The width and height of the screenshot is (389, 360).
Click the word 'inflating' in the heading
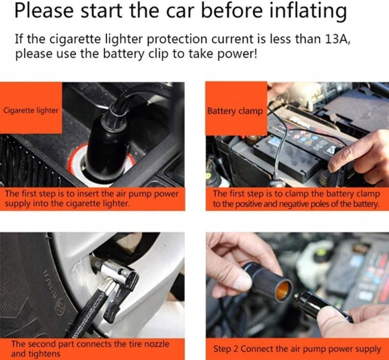coord(308,11)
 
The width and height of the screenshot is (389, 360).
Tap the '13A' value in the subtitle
coord(337,39)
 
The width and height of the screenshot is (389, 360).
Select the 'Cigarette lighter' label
coord(30,110)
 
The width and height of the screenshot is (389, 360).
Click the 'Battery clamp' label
coord(235,111)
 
